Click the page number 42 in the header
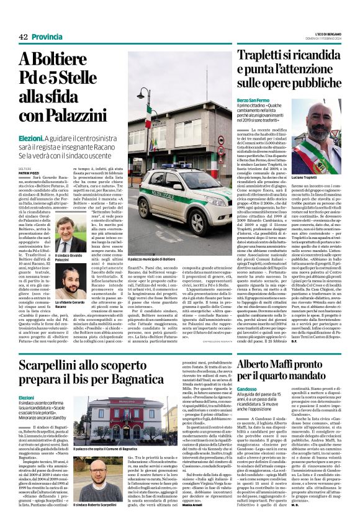(x=23, y=37)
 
